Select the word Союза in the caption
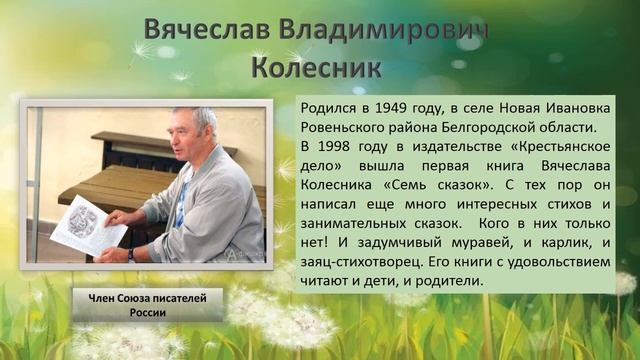click(145, 297)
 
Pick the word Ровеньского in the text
click(348, 127)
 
